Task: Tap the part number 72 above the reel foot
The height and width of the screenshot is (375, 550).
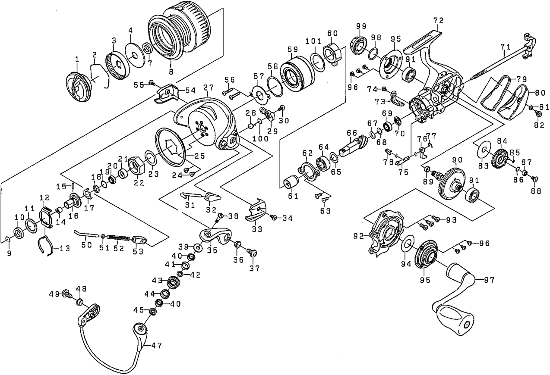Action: (439, 20)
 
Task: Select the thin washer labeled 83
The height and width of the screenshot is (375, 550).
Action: (484, 150)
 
